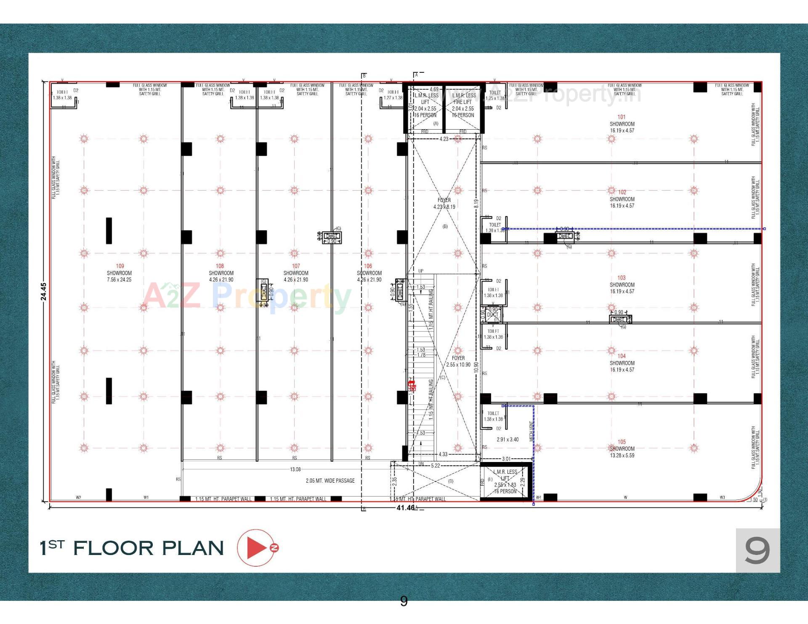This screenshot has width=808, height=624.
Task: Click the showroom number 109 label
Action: point(120,266)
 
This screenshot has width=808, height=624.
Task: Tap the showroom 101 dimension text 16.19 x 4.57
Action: point(622,130)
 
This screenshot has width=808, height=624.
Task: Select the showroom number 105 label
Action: point(622,442)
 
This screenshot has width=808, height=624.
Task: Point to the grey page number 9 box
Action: point(757,550)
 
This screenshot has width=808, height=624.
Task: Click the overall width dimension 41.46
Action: point(405,508)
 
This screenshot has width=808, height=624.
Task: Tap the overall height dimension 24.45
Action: point(44,291)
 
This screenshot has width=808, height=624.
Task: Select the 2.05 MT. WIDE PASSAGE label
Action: point(330,481)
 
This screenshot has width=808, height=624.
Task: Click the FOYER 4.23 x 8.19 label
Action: point(444,203)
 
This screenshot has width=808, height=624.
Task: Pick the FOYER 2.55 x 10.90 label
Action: point(458,361)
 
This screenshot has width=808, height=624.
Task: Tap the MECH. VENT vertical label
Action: point(531,431)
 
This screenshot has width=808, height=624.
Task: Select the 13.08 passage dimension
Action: point(295,469)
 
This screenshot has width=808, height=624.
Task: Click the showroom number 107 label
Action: point(296,266)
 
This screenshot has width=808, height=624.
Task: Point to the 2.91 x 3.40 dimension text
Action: point(508,439)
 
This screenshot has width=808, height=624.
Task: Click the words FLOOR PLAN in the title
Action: point(148,548)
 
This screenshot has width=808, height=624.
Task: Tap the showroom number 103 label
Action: point(622,278)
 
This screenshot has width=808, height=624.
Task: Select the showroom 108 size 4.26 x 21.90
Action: point(221,279)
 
